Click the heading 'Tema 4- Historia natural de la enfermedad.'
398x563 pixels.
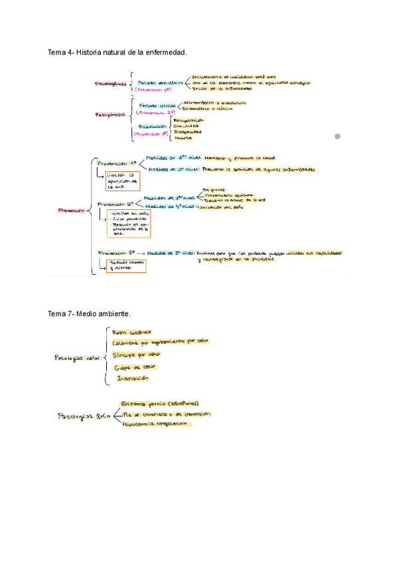117,52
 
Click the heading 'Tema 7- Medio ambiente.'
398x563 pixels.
89,313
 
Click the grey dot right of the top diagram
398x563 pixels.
337,136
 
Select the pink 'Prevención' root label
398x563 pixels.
72,210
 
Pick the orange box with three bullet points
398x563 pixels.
128,223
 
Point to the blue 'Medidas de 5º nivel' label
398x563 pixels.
169,253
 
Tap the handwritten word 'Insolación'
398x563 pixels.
133,378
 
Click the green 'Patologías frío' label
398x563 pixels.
83,417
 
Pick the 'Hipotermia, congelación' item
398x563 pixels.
155,424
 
